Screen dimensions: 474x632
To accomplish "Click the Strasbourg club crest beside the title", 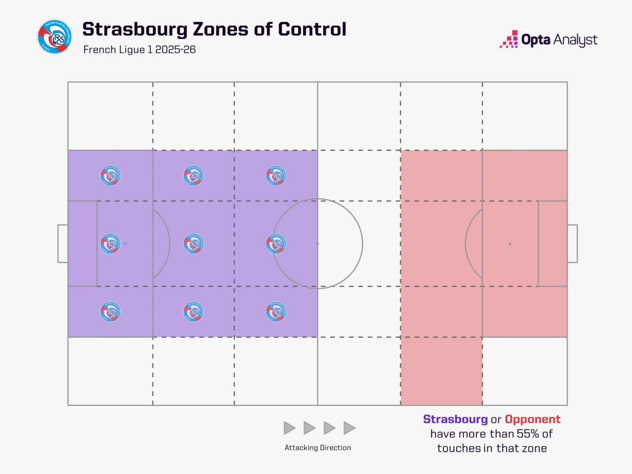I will (x=55, y=37).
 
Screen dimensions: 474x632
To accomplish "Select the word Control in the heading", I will (x=312, y=30).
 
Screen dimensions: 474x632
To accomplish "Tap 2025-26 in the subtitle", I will (x=175, y=50).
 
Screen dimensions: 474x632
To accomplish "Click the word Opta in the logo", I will (x=536, y=40).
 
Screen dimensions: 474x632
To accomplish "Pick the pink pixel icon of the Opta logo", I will (x=509, y=39).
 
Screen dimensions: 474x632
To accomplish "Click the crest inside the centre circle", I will (x=276, y=244).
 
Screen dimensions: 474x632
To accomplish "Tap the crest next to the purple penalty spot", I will (x=110, y=244).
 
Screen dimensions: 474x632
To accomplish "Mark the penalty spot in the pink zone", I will (x=510, y=244).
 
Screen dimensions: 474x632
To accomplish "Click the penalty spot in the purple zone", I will (x=125, y=244).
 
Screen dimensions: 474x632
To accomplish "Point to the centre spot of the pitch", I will (x=318, y=244).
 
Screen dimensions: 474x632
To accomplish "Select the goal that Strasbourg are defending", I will (x=63, y=244).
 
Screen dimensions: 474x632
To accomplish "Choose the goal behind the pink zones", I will (x=572, y=244).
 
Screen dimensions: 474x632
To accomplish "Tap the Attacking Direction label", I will (x=318, y=448).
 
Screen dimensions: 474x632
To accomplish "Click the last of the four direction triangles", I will (x=349, y=428).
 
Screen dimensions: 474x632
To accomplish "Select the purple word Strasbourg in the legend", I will (x=455, y=419).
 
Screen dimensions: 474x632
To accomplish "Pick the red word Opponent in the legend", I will (x=532, y=419).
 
